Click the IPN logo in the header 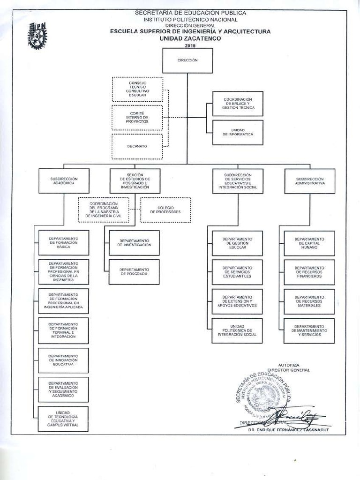click(x=37, y=35)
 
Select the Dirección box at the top click(x=187, y=60)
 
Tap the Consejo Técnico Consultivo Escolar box click(x=137, y=89)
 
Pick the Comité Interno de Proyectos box click(x=137, y=117)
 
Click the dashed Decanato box click(x=137, y=146)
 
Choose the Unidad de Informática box click(x=238, y=132)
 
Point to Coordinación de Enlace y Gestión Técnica click(x=238, y=104)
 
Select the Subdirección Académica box click(x=64, y=181)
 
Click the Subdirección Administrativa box click(x=310, y=181)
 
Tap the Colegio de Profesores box click(x=165, y=210)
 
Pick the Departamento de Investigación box click(x=134, y=243)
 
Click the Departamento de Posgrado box click(x=134, y=272)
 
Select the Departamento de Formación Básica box click(x=63, y=242)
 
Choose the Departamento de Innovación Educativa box click(x=63, y=360)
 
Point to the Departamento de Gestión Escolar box click(x=237, y=243)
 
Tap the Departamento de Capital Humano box click(x=309, y=243)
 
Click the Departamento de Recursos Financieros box click(x=309, y=272)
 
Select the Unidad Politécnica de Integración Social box click(x=237, y=330)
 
